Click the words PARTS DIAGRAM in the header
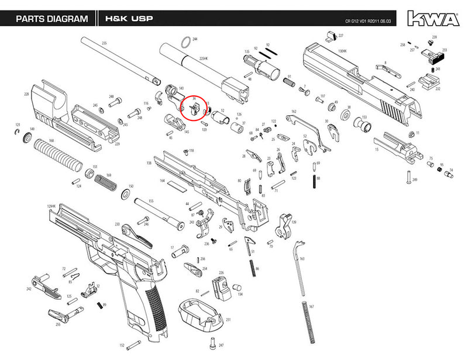(x=51, y=19)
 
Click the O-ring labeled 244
(x=185, y=41)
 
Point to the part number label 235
(x=104, y=43)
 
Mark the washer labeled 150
(x=125, y=193)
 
